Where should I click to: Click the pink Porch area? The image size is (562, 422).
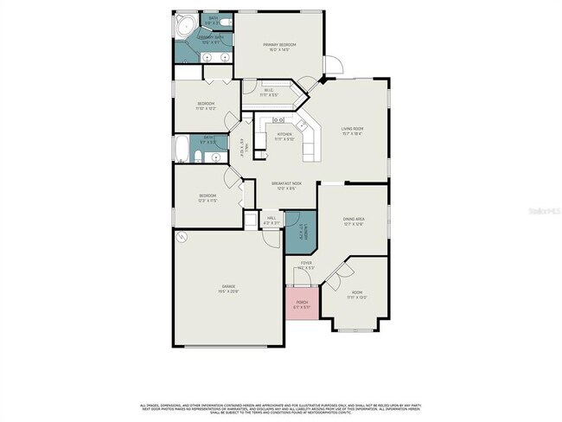pos(302,304)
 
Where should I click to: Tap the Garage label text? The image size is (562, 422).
pos(229,286)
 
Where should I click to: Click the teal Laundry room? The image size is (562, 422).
pos(297,233)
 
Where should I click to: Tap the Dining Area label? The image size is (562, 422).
pos(353,220)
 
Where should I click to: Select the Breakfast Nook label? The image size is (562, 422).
pos(286,183)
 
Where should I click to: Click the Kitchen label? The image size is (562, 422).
pos(284,134)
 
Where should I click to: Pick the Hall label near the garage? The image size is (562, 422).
pos(271,217)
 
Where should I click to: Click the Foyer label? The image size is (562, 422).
pos(306,263)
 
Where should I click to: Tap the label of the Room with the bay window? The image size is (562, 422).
pos(357,292)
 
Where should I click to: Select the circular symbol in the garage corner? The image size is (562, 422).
pos(181,237)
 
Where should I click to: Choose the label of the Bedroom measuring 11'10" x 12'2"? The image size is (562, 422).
pos(206,104)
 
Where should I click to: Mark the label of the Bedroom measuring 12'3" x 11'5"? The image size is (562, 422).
pos(208,196)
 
